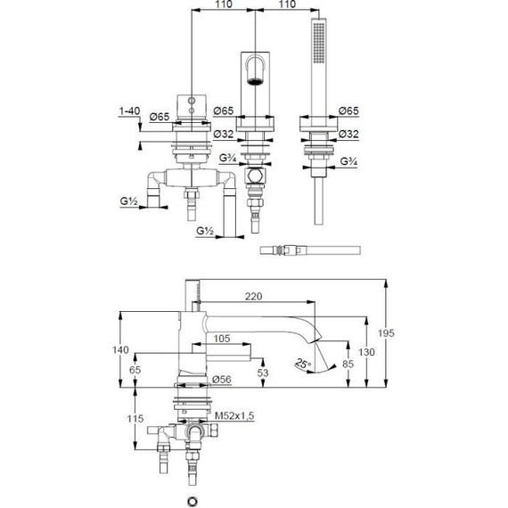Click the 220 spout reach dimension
[253, 297]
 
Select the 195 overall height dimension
[386, 333]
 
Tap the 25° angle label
[303, 364]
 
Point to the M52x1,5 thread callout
[234, 415]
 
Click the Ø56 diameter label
[222, 380]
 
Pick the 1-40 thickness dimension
[129, 111]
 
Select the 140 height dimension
[120, 350]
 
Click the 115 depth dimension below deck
[135, 419]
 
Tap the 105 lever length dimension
[222, 339]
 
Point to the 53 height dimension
[263, 373]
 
